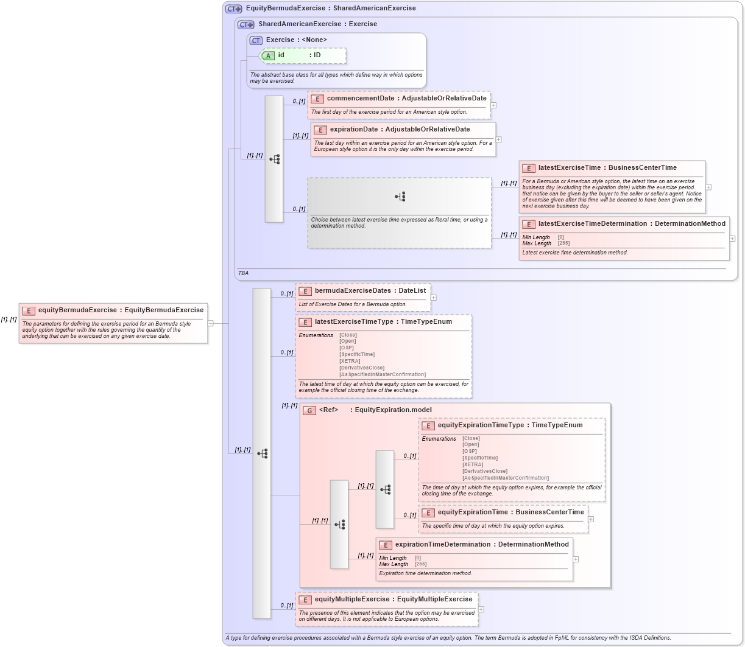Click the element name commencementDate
[361, 99]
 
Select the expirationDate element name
[354, 130]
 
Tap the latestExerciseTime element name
[570, 168]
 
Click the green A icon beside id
[268, 55]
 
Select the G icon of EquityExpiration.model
[309, 410]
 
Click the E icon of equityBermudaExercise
[29, 310]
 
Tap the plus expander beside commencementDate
[493, 105]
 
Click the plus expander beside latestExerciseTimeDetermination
[732, 239]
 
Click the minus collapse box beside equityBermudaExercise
[211, 323]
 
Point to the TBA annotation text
[243, 273]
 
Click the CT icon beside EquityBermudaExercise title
[234, 9]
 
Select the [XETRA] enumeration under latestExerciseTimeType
[350, 361]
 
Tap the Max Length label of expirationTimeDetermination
[394, 564]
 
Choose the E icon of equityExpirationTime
[428, 512]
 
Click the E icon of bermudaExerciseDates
[305, 291]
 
